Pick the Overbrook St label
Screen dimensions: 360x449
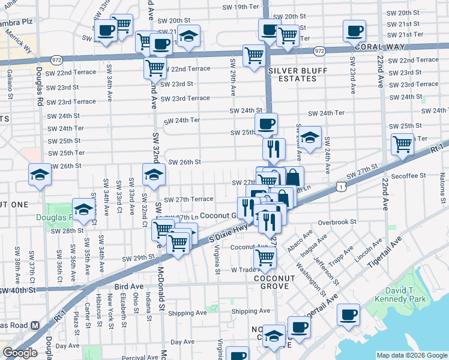click(x=337, y=221)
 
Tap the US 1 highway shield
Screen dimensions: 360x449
click(x=340, y=188)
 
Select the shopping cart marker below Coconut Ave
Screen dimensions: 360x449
click(x=264, y=258)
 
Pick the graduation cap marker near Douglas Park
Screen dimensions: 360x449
click(x=84, y=209)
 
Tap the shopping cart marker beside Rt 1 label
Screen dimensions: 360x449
click(x=402, y=143)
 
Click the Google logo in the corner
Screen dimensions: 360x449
click(x=20, y=353)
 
